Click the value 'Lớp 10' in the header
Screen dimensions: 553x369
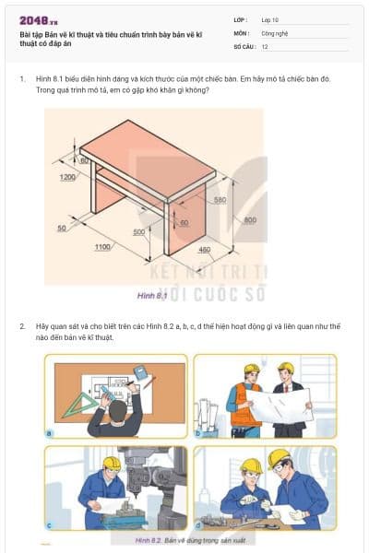(x=270, y=19)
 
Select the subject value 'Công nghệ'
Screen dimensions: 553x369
(x=275, y=32)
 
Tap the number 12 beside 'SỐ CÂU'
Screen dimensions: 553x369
(x=265, y=45)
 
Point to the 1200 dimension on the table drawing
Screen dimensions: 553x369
(x=67, y=177)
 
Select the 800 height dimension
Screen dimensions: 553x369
(x=249, y=218)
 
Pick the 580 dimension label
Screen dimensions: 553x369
(x=220, y=199)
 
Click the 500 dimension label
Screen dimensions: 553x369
(x=138, y=232)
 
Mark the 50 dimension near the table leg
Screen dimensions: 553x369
(x=62, y=227)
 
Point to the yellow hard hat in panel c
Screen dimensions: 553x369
(x=112, y=463)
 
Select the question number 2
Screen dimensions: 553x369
(x=22, y=326)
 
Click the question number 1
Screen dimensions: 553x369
(x=22, y=79)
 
